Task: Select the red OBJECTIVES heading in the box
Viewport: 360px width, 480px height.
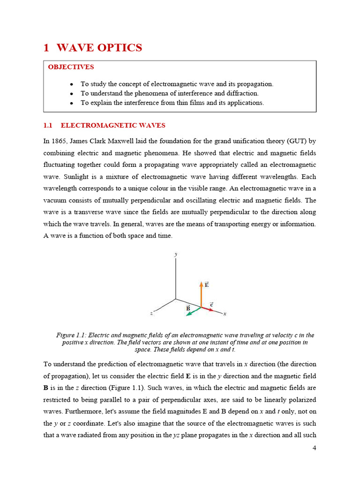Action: coord(71,67)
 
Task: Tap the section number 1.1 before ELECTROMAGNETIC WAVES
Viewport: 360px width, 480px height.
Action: coord(50,126)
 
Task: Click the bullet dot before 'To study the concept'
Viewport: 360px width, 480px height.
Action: coord(71,84)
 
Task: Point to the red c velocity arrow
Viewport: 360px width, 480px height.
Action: coord(208,310)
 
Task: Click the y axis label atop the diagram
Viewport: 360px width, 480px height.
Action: coord(176,254)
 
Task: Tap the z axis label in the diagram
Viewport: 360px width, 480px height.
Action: coord(151,313)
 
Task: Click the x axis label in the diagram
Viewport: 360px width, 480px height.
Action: coord(225,314)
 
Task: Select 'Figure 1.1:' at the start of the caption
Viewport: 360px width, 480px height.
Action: coord(71,335)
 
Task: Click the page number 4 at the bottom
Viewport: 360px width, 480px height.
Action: coord(314,448)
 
